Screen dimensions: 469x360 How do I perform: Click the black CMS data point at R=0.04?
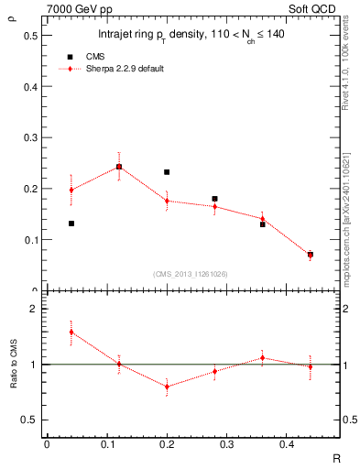[71, 224]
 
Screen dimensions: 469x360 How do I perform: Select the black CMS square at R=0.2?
[167, 172]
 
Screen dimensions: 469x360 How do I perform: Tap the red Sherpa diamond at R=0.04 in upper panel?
[71, 190]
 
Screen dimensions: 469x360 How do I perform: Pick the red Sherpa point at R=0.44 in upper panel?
[311, 255]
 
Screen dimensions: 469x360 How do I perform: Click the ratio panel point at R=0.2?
[167, 387]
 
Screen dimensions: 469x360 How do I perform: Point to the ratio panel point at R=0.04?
[71, 332]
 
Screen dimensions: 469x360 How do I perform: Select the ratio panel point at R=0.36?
[262, 358]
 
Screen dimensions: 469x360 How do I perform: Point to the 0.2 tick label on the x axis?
[167, 444]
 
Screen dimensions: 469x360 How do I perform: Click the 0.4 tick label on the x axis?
[286, 444]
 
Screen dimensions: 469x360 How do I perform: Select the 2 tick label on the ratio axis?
[34, 310]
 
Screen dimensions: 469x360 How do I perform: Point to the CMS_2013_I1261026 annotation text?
[190, 272]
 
